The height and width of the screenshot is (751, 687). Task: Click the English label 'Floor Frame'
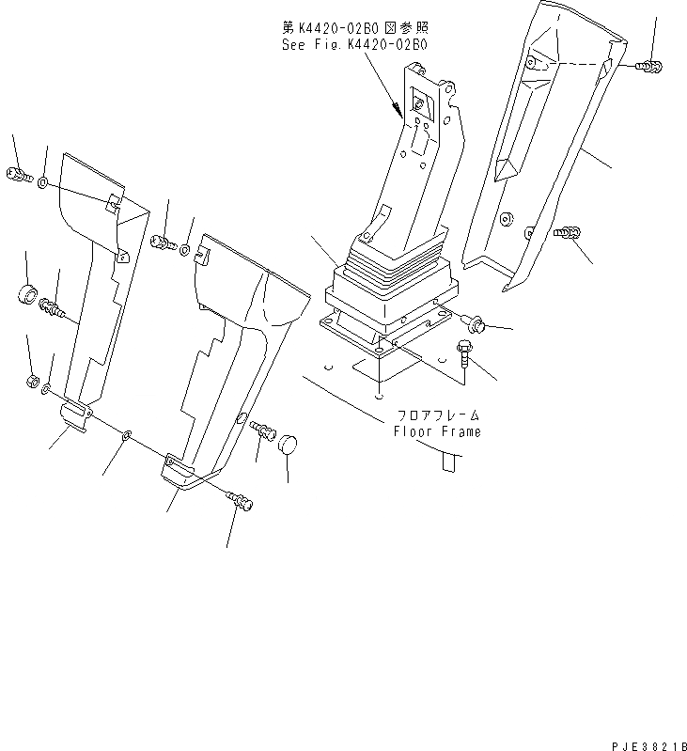(437, 431)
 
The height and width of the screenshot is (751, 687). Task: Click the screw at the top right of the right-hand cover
(647, 65)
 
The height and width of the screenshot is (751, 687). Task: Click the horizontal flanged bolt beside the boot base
(475, 323)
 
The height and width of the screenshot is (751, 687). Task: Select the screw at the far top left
(18, 174)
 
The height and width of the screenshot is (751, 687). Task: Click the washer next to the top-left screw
(45, 180)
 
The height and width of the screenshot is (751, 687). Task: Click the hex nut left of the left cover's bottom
(30, 383)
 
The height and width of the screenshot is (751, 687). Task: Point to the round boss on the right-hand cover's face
(507, 219)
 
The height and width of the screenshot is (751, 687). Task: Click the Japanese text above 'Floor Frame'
(436, 415)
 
